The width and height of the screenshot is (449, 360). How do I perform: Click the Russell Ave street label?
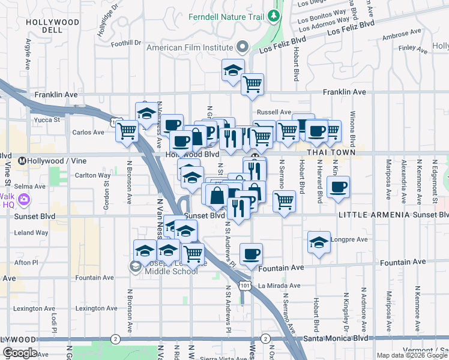pos(274,112)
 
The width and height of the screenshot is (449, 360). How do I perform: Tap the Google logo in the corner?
pos(20,353)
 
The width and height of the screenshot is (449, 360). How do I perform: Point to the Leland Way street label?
pos(28,232)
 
